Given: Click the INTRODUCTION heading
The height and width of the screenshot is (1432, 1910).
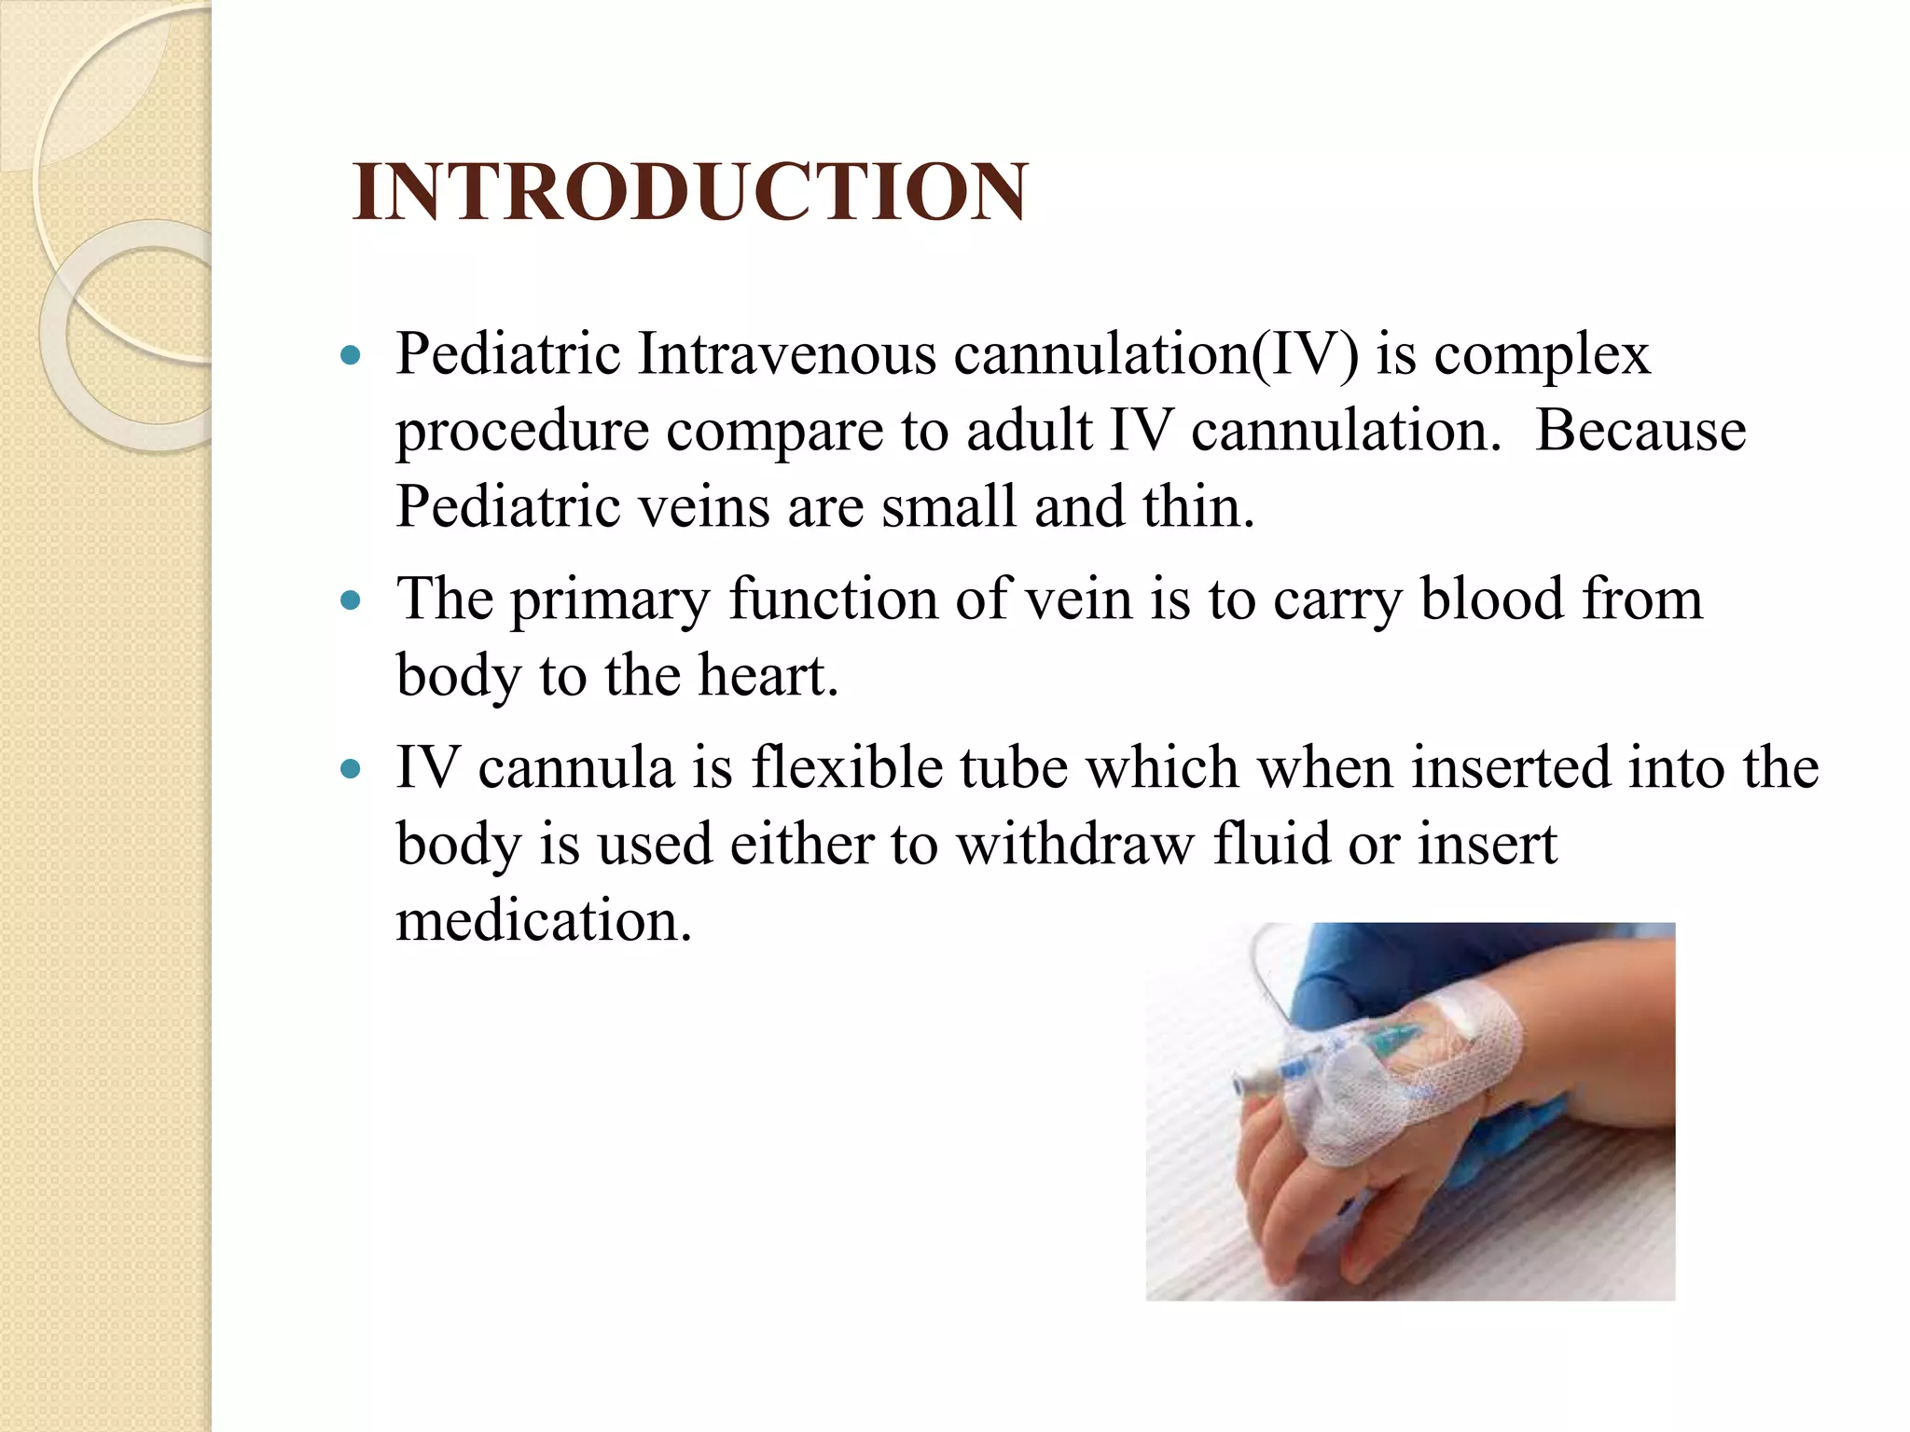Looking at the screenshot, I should click(x=690, y=192).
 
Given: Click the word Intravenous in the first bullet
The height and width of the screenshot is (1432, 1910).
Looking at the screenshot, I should click(x=786, y=354).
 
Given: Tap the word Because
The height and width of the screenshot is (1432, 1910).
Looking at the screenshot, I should click(x=1640, y=431).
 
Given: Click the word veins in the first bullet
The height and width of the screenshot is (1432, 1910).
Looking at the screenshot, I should click(x=703, y=507).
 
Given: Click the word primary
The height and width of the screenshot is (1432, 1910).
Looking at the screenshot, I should click(x=610, y=600).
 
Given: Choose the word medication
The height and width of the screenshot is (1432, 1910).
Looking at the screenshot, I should click(x=544, y=921).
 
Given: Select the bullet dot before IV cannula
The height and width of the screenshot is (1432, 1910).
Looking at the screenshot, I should click(x=351, y=769).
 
